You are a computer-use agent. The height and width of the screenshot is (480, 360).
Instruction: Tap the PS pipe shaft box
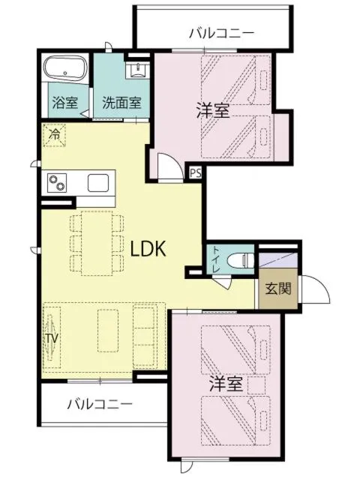195,172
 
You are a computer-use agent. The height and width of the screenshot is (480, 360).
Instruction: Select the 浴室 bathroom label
64,103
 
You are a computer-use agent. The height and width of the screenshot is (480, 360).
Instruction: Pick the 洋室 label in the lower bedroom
225,383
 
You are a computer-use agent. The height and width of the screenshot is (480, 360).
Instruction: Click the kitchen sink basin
99,182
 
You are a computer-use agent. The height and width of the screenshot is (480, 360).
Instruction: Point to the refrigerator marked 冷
55,136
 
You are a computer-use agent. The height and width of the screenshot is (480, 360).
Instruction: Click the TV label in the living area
51,339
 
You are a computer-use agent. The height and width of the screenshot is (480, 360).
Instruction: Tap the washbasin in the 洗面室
136,70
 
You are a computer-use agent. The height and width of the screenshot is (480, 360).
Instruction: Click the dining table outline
96,241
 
